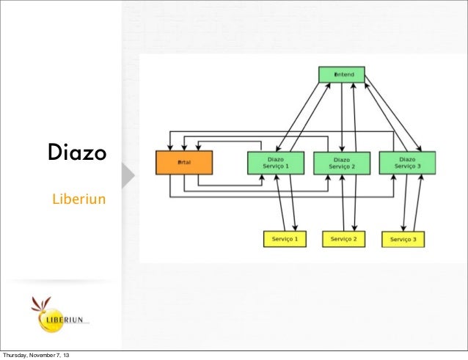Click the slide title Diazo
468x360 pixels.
tap(77, 155)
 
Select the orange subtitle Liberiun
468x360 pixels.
tap(78, 199)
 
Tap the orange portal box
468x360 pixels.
tap(183, 162)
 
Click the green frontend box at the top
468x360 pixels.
tap(341, 74)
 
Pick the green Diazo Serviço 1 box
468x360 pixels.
tap(275, 162)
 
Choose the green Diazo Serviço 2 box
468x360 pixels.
tap(341, 163)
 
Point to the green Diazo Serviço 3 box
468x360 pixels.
tap(407, 162)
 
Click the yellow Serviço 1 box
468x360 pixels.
tap(285, 239)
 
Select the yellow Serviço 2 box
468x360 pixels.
tap(343, 239)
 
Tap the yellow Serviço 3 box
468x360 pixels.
tap(403, 239)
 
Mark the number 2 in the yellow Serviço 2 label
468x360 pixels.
tap(355, 239)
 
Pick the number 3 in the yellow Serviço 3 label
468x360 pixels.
tap(414, 240)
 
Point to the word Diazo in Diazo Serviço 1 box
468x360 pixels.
tap(276, 158)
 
